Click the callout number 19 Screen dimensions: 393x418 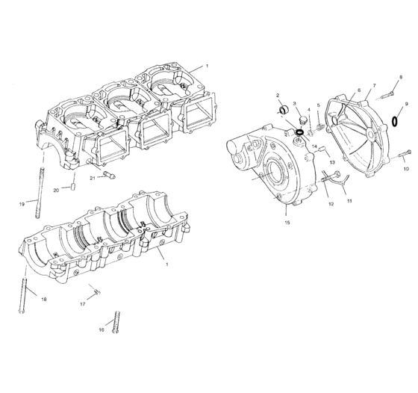pyautogui.click(x=22, y=203)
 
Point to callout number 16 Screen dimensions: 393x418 pyautogui.click(x=101, y=329)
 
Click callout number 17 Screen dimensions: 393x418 pyautogui.click(x=83, y=305)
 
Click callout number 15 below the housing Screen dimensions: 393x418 pyautogui.click(x=287, y=223)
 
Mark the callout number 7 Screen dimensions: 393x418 pyautogui.click(x=374, y=85)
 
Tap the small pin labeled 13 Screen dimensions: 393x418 pyautogui.click(x=322, y=151)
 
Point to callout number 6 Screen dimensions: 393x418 pyautogui.click(x=358, y=90)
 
